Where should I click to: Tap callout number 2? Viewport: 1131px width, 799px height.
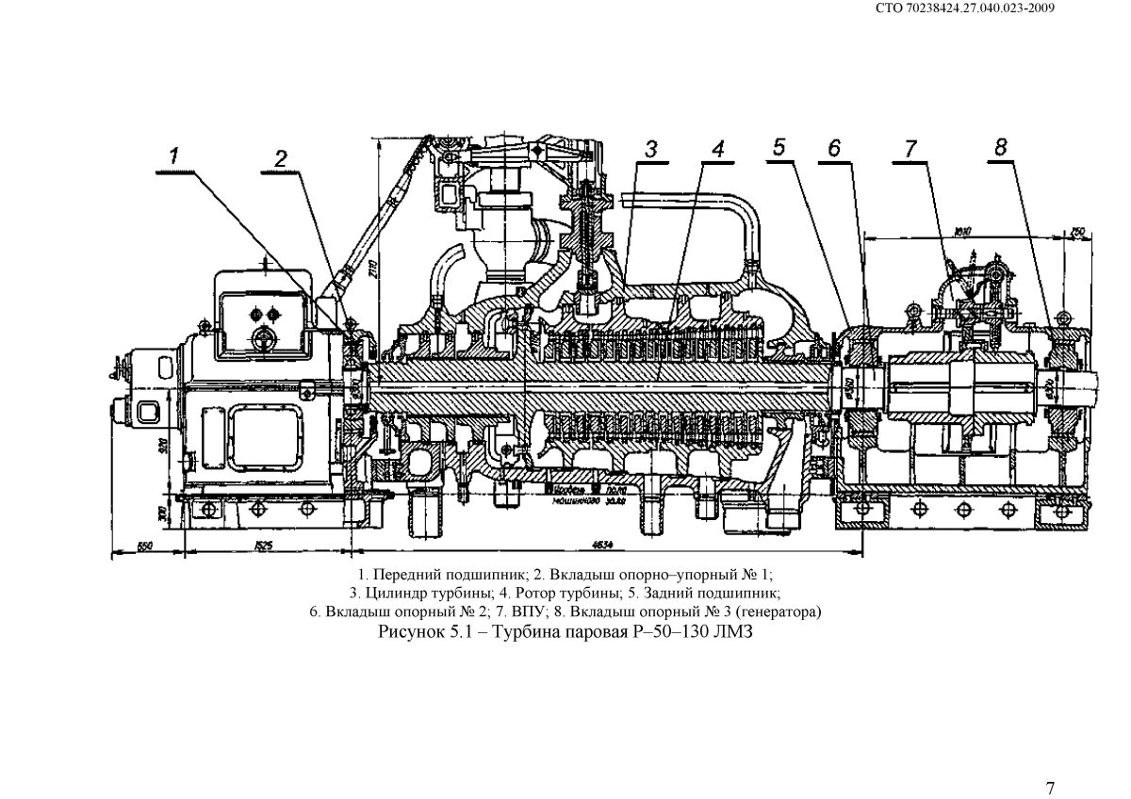280,159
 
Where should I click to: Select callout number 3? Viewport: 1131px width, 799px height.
651,149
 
